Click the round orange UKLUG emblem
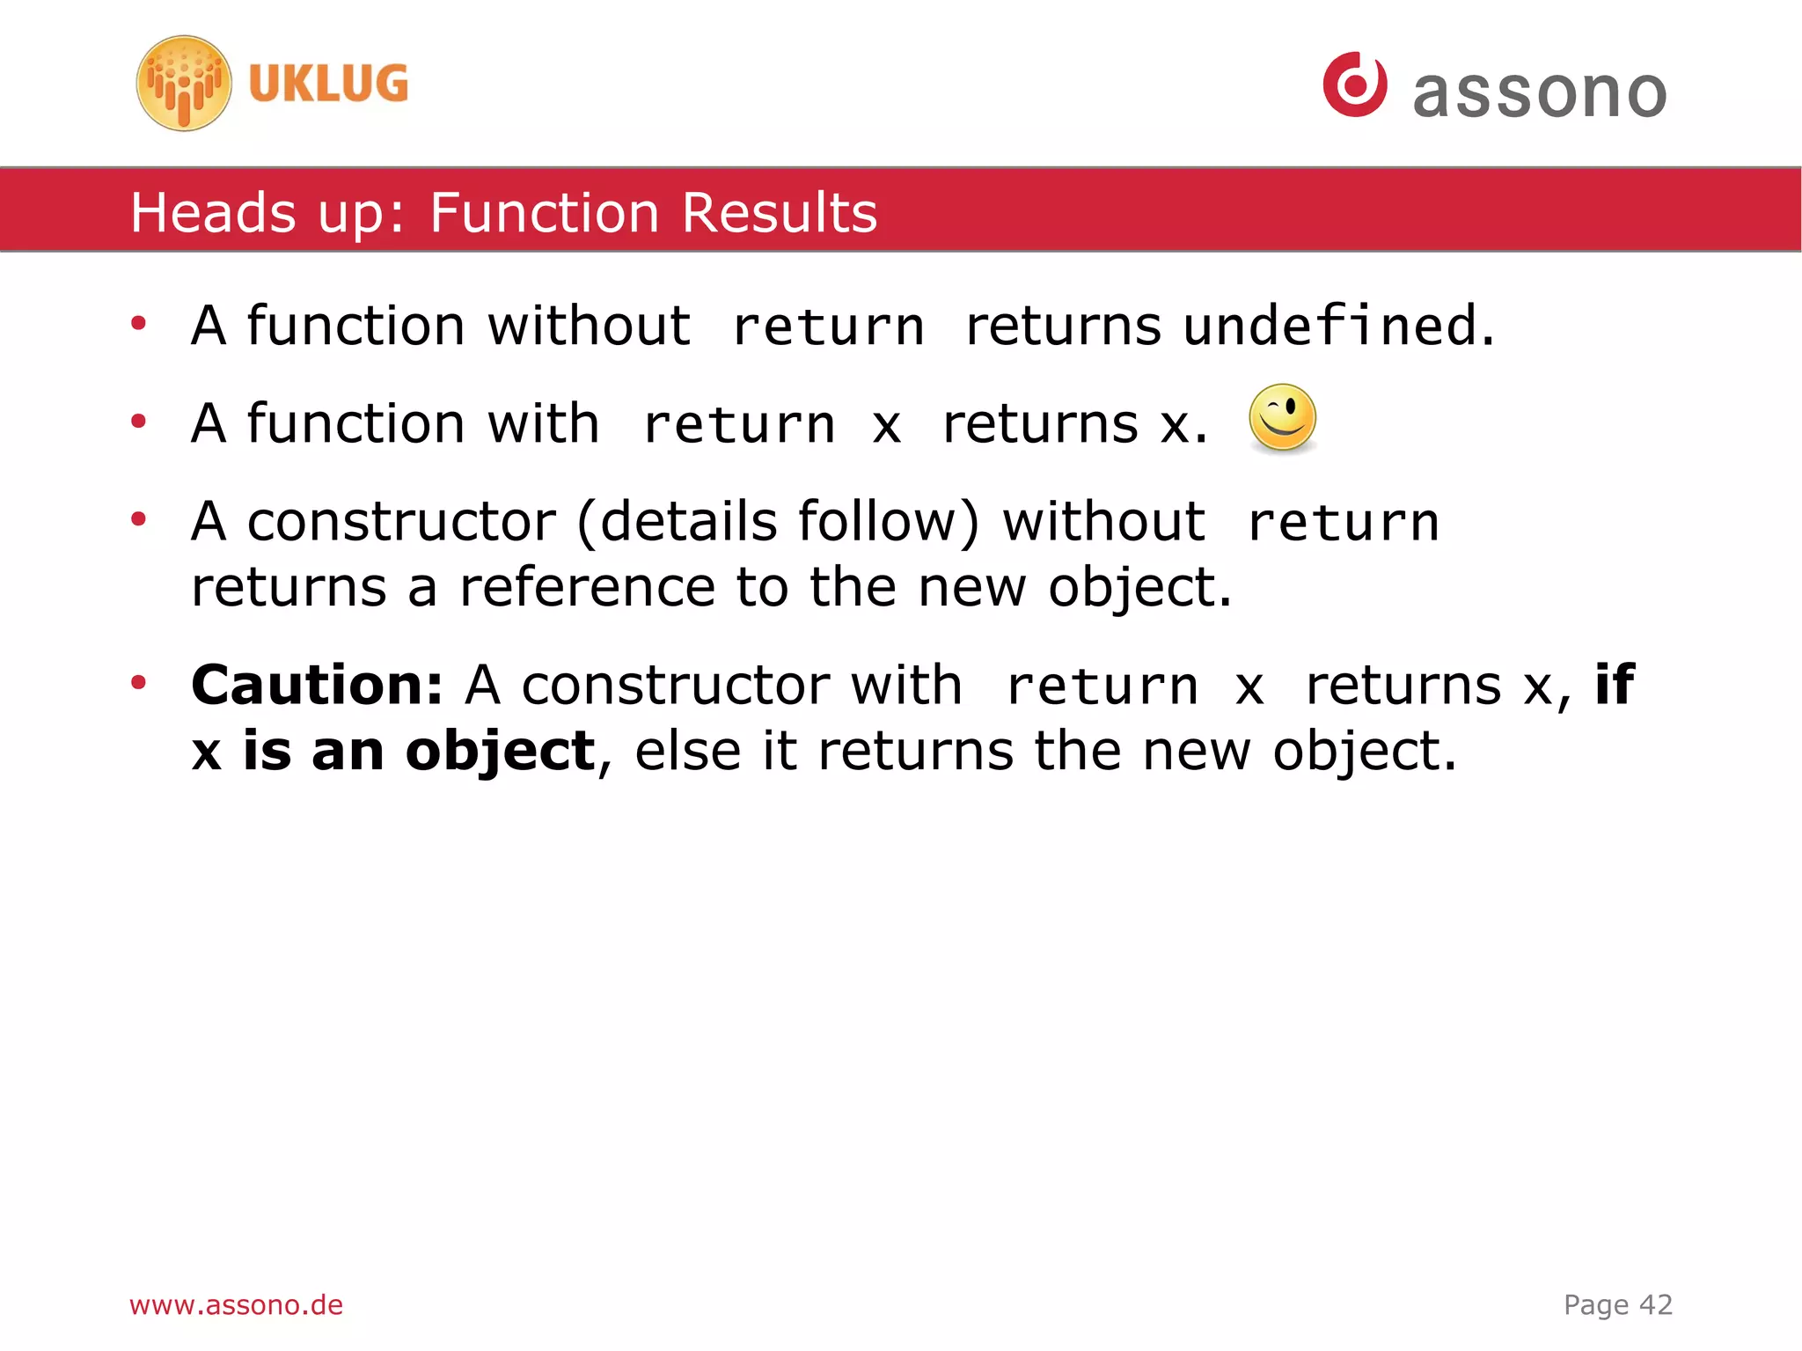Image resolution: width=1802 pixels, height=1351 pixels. coord(184,84)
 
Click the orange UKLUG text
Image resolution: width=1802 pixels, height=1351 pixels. coord(328,84)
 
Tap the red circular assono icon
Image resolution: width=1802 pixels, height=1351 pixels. coord(1354,84)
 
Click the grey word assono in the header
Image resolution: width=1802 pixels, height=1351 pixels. coord(1539,93)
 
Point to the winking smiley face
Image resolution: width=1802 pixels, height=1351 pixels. coord(1282,418)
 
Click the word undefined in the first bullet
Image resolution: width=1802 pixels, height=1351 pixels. coord(1330,326)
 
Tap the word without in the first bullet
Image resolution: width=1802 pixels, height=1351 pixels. coord(589,326)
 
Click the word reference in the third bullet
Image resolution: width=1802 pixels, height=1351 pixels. coord(587,587)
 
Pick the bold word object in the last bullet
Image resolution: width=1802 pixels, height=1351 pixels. coord(500,752)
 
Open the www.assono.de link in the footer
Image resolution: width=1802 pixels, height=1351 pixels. coord(236,1304)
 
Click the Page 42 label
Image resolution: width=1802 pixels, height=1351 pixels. coord(1617,1304)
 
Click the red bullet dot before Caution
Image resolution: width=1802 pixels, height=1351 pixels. coord(138,682)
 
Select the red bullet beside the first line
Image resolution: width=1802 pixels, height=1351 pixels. coord(138,323)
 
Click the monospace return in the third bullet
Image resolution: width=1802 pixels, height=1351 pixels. coord(1343,523)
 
